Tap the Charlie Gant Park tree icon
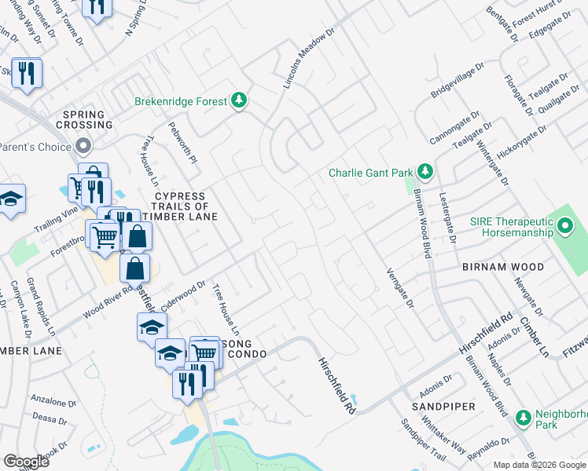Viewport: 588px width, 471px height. point(425,171)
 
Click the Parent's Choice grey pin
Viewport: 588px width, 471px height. point(83,146)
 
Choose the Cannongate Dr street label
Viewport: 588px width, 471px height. point(454,129)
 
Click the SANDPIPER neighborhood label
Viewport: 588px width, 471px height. point(443,407)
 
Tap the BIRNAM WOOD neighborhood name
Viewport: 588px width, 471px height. point(504,267)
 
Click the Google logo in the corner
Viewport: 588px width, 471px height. point(26,461)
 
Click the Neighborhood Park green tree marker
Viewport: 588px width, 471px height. point(524,418)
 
